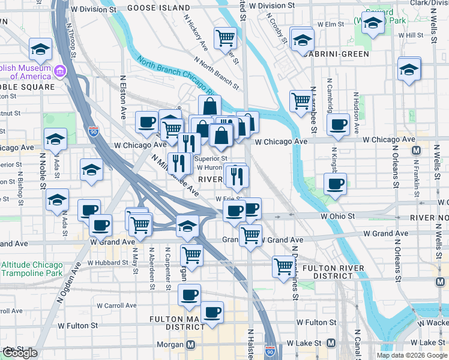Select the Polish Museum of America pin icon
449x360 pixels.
[59, 72]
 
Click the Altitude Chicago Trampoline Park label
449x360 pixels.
[32, 269]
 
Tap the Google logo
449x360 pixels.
[20, 353]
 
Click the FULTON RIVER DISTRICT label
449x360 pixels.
[328, 272]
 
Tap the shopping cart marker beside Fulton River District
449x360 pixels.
[283, 265]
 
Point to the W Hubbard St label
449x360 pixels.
[107, 263]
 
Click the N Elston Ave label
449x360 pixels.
[123, 97]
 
